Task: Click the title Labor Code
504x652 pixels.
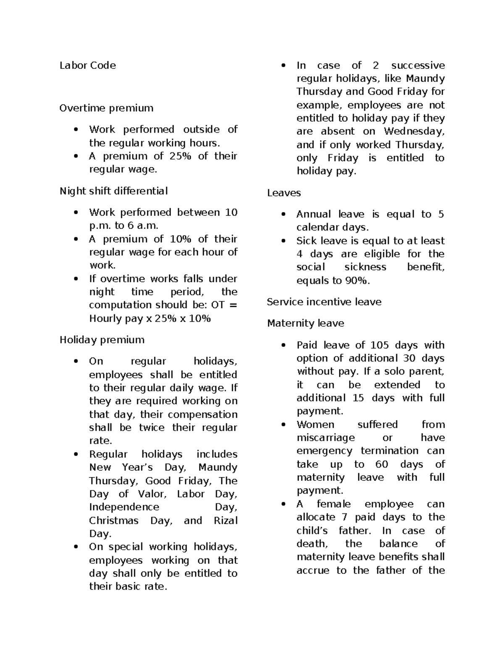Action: (87, 65)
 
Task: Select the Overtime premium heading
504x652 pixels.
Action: (106, 108)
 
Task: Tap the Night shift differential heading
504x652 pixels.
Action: (113, 191)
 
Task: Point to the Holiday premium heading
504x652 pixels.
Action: (102, 340)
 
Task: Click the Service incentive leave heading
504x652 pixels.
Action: (324, 302)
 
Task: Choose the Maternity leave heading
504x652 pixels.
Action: (305, 324)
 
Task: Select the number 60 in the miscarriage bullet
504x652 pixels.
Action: (382, 464)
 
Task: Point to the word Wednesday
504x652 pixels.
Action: (414, 131)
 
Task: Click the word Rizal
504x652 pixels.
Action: (226, 521)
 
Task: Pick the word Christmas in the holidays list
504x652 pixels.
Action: (113, 521)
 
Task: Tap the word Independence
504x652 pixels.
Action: (124, 508)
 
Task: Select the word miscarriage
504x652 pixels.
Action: (325, 438)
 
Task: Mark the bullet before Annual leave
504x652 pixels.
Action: (284, 215)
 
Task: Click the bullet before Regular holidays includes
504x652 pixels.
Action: (76, 455)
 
